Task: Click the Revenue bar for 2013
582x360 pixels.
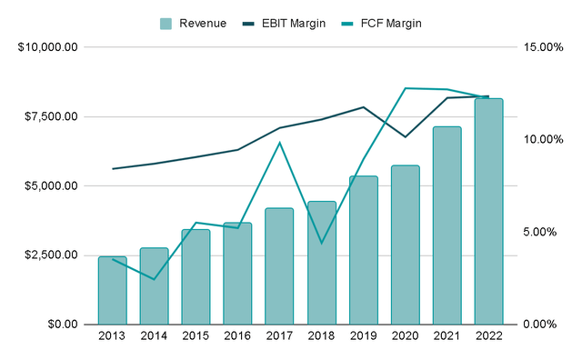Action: [112, 290]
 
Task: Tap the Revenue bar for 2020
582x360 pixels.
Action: [405, 245]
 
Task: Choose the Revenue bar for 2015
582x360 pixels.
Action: [196, 276]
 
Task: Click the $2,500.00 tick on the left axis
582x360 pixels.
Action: [51, 255]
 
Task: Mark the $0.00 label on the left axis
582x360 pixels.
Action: [62, 325]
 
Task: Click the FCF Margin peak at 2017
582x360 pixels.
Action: [279, 143]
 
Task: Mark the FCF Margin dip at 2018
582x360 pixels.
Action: [321, 243]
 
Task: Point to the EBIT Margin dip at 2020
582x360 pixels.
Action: [405, 137]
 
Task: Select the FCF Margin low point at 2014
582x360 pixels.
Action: [154, 279]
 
